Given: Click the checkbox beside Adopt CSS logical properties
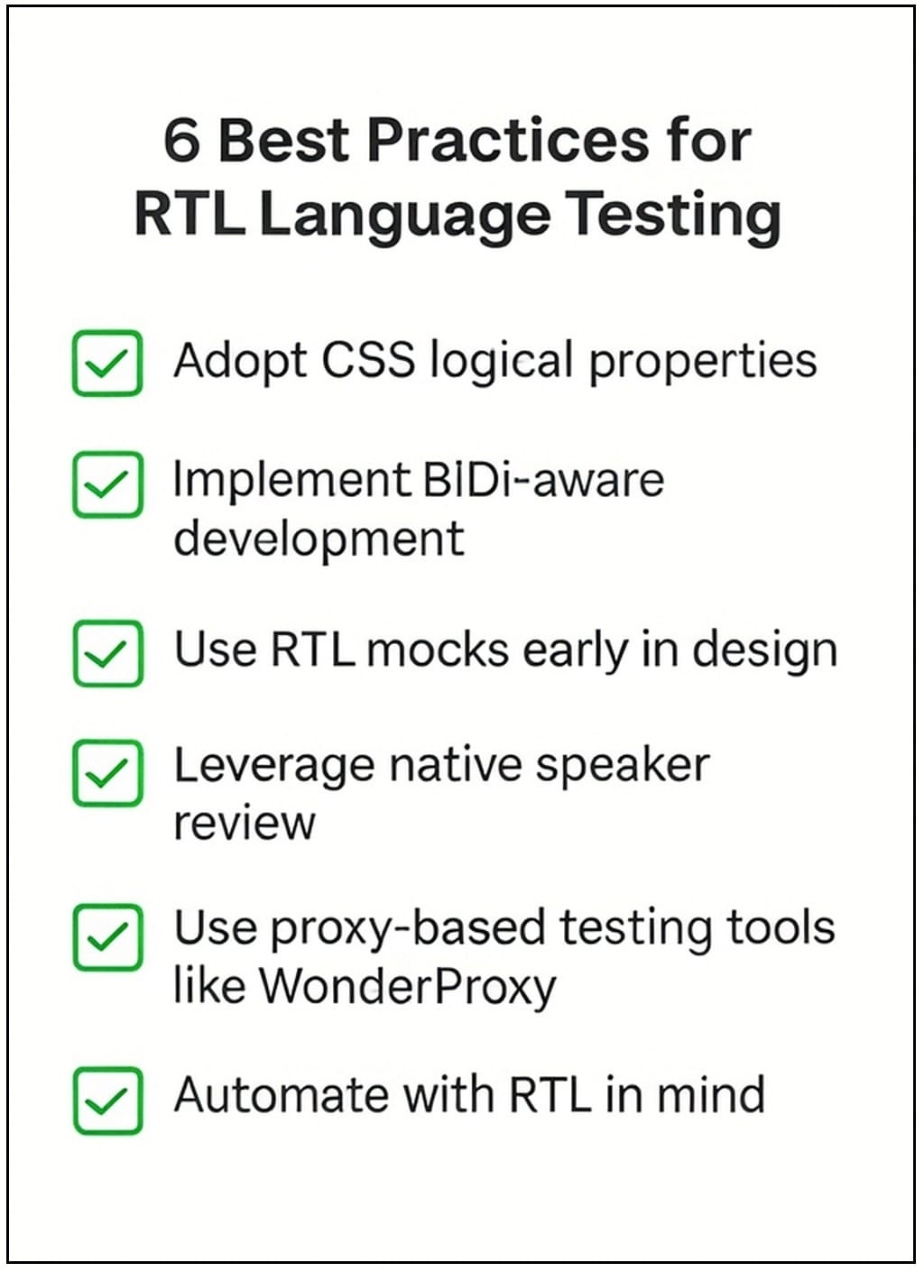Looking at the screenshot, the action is (x=107, y=363).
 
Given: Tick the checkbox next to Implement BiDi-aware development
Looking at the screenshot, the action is (x=107, y=484).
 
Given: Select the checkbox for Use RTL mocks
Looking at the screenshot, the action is (x=108, y=653).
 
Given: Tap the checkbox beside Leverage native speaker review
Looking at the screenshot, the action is (x=107, y=773).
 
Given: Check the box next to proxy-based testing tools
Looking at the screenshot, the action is (x=107, y=937).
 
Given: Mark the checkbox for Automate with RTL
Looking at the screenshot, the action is (x=107, y=1101).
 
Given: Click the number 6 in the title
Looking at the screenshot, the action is (x=181, y=141).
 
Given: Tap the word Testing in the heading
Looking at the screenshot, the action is (x=672, y=217).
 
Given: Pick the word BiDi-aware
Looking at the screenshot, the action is (x=544, y=479).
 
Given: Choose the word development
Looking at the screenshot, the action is (x=319, y=538).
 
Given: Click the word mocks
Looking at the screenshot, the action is (x=438, y=650).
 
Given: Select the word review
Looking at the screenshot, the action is (x=245, y=824).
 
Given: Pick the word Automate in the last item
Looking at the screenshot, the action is (x=282, y=1096).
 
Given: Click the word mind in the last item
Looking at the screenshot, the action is (x=711, y=1095).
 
